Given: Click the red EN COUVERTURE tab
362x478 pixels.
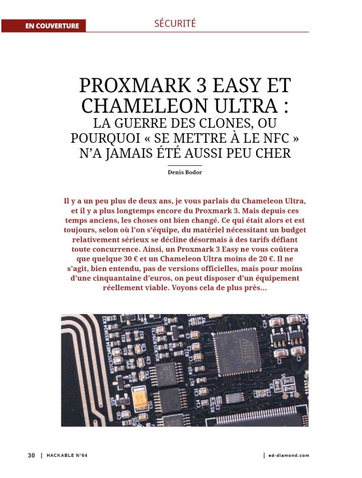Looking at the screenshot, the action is pyautogui.click(x=52, y=27).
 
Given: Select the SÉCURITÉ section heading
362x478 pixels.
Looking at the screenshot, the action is pyautogui.click(x=176, y=23).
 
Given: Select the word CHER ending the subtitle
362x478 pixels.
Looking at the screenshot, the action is pyautogui.click(x=273, y=152).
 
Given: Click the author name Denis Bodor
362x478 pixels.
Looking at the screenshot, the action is pyautogui.click(x=185, y=173).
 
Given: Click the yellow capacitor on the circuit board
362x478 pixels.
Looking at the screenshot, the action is pyautogui.click(x=144, y=395).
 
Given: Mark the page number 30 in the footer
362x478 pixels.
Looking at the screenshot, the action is pyautogui.click(x=31, y=455).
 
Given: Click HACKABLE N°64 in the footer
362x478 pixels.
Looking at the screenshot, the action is pyautogui.click(x=70, y=455).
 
